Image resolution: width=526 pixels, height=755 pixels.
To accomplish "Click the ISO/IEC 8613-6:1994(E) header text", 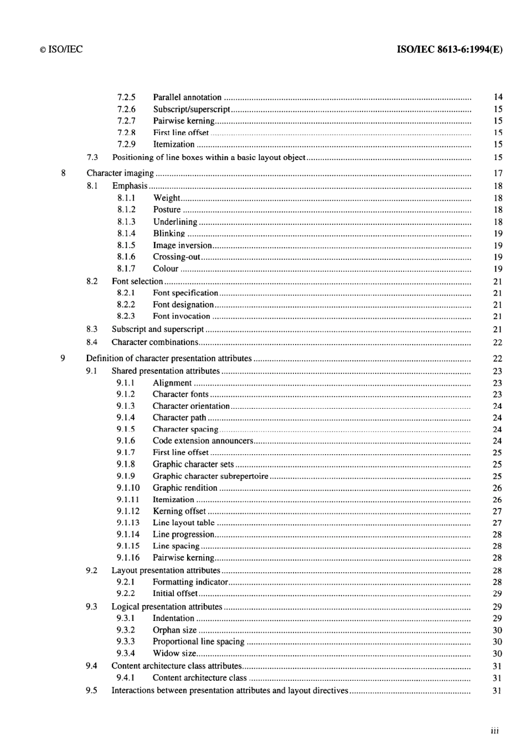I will tap(450, 49).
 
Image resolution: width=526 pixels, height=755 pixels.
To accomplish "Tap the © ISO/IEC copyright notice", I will tap(61, 49).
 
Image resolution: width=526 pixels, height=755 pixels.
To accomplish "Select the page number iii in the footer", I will tap(494, 731).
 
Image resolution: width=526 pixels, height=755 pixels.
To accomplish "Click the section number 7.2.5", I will tap(126, 97).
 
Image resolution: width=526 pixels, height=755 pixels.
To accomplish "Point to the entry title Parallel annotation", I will tap(187, 97).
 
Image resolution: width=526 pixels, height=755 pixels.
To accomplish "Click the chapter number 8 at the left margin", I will tap(63, 173).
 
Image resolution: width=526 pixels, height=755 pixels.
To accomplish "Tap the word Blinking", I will tap(169, 233).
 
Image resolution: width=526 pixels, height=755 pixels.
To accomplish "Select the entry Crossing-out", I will tap(177, 257).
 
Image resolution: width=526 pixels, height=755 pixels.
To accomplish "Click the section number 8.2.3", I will tap(126, 316).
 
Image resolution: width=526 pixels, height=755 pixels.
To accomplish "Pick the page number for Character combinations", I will tap(497, 342).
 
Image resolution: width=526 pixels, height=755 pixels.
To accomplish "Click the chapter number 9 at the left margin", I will tap(63, 358).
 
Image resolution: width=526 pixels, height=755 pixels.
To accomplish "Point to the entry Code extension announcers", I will tap(203, 441).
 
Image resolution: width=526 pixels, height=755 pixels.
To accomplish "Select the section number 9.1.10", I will tap(128, 488).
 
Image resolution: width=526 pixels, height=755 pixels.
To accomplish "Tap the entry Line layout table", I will tap(183, 523).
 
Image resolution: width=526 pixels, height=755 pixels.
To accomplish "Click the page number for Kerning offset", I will tap(497, 511).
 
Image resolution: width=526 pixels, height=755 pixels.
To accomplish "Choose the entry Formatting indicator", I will tap(190, 582).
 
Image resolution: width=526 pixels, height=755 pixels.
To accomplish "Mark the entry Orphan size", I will tap(174, 630).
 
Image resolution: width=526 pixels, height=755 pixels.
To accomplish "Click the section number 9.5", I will tap(91, 690).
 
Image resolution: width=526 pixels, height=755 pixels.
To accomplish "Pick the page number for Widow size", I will tap(497, 654).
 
